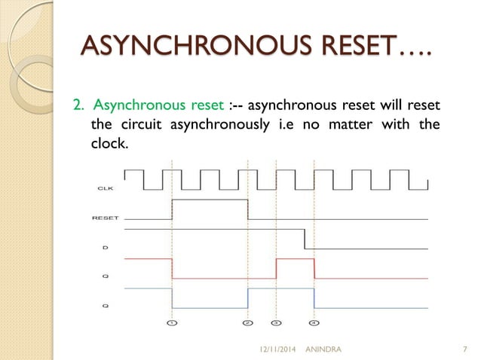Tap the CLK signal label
click(x=106, y=188)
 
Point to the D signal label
click(x=106, y=246)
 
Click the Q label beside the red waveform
click(x=106, y=276)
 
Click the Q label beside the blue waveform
click(x=106, y=306)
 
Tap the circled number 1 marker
click(x=172, y=322)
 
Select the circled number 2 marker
click(x=248, y=322)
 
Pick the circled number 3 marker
click(x=276, y=322)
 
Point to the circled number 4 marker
click(x=314, y=322)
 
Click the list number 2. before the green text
click(x=77, y=104)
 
